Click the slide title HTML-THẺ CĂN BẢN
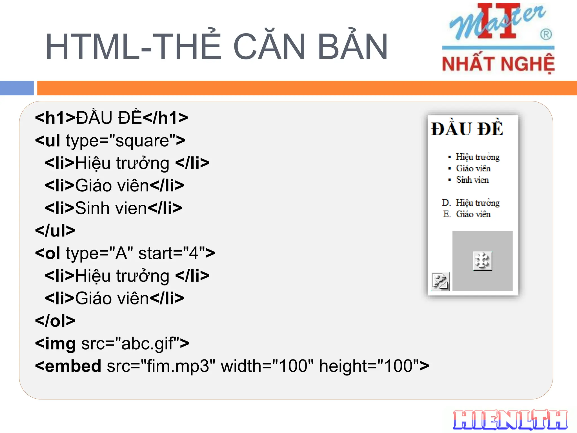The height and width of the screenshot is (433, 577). (x=216, y=47)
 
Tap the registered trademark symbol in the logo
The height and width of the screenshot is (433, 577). (x=546, y=35)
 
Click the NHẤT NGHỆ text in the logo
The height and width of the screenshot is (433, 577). (x=498, y=64)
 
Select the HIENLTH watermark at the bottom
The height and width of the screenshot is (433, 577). (x=510, y=420)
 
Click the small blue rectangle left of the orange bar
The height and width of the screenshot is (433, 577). (x=17, y=88)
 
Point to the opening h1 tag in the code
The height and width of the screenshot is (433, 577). (x=55, y=118)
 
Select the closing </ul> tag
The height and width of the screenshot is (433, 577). (x=55, y=231)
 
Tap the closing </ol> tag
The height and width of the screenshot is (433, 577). (x=55, y=321)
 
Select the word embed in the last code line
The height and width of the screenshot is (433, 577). (x=73, y=366)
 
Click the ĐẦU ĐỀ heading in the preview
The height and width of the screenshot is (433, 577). (x=467, y=129)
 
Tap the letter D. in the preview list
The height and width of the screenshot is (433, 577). (x=446, y=203)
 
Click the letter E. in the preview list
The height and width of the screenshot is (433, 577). (x=447, y=214)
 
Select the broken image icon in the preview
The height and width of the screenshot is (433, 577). (x=440, y=281)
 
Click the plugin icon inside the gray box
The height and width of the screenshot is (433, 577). (x=482, y=261)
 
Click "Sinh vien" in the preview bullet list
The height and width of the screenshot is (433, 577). (x=472, y=180)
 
